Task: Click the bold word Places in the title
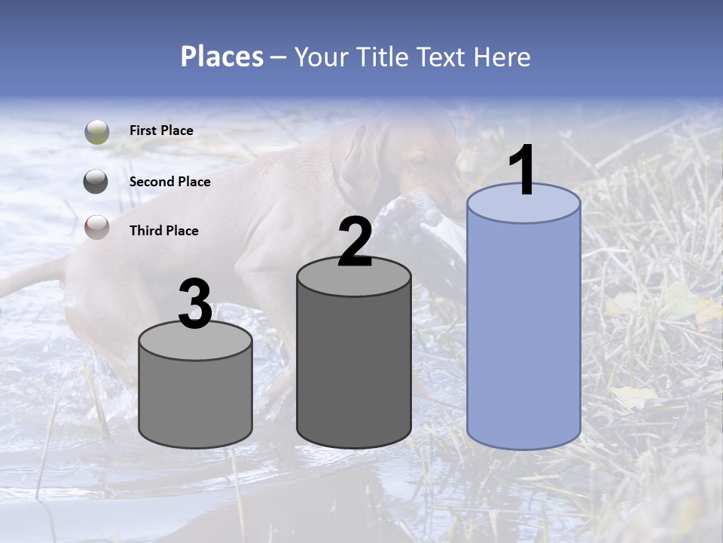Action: coord(221,57)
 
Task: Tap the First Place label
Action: coord(161,130)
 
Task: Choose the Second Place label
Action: coord(169,182)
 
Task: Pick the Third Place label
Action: coord(163,231)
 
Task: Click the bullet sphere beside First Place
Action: coord(96,131)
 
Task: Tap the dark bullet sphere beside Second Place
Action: coord(96,182)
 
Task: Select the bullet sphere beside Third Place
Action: coord(96,227)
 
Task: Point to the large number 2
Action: coord(355,241)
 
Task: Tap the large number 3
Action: coord(195,304)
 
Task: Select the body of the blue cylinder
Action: coord(523,332)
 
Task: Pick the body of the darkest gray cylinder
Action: coord(354,370)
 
